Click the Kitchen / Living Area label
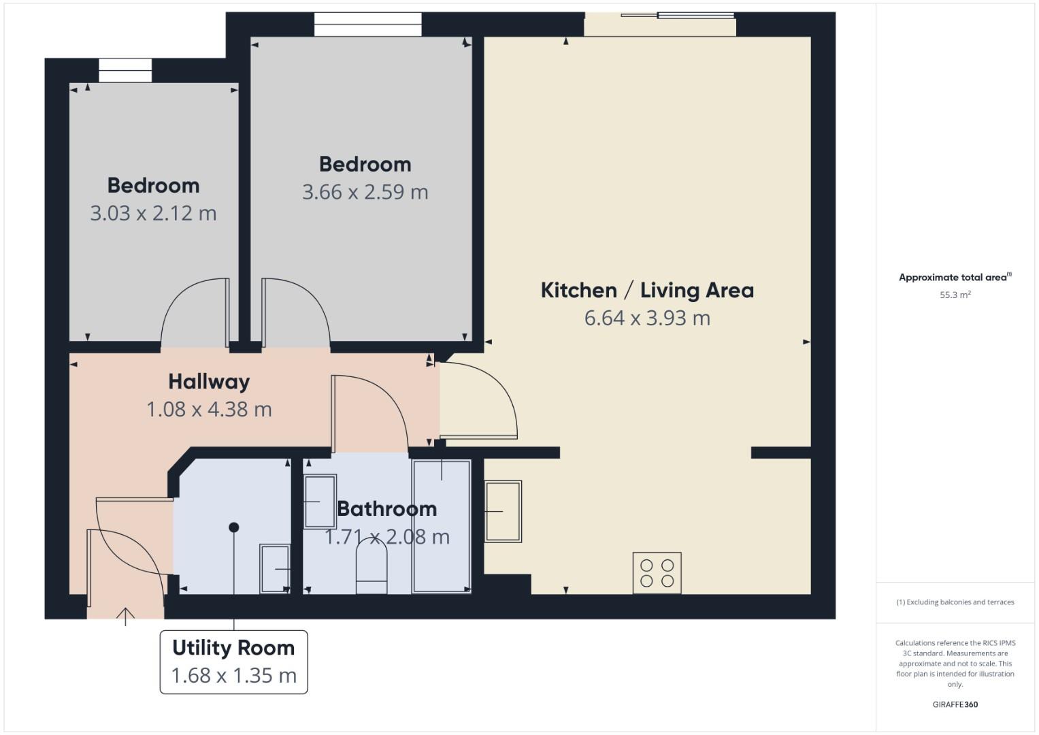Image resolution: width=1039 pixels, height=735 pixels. (x=647, y=291)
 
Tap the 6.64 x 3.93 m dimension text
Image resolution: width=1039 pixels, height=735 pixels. (x=647, y=318)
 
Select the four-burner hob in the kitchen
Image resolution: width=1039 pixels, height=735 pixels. (x=657, y=572)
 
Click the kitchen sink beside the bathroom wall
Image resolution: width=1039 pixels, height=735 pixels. (x=503, y=511)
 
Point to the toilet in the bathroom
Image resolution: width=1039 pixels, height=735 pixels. (x=372, y=569)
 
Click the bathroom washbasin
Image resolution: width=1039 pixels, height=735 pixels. (x=319, y=502)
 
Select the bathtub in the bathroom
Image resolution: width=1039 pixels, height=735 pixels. (x=442, y=526)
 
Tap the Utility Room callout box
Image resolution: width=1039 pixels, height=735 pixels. (x=233, y=661)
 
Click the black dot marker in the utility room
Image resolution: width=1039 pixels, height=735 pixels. (x=234, y=527)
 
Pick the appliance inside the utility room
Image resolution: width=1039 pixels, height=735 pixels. (x=275, y=568)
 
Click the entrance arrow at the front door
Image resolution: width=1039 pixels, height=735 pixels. (x=125, y=616)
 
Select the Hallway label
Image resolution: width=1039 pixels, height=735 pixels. (x=209, y=382)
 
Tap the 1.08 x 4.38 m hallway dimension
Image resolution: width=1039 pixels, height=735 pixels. (x=209, y=410)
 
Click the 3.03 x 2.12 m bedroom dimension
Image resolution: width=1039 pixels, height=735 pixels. (x=153, y=214)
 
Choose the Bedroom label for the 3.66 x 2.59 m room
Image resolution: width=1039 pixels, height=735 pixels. (x=365, y=165)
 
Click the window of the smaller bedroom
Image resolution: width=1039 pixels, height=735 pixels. (x=125, y=71)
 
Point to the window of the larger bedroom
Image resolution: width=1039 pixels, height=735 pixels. (x=367, y=24)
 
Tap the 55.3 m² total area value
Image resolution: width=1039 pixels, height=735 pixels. (x=955, y=295)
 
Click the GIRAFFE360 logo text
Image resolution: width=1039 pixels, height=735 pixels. (x=955, y=704)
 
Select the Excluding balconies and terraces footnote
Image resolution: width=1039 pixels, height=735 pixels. (x=955, y=602)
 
